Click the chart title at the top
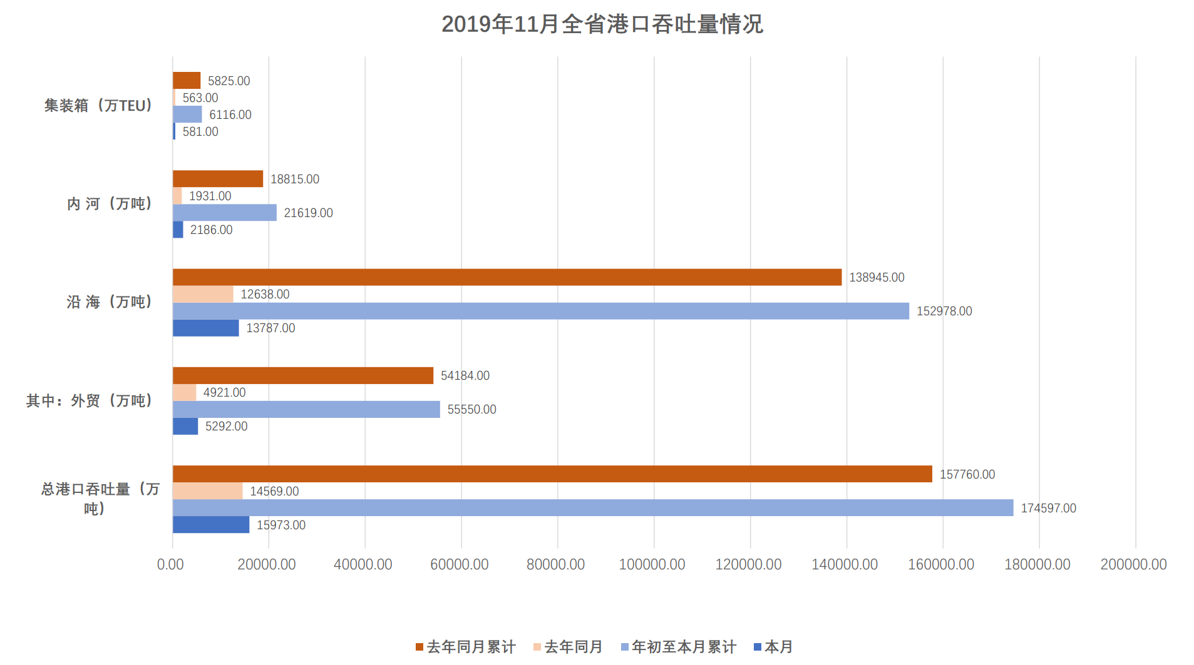point(602,24)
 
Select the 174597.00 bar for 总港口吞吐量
point(592,508)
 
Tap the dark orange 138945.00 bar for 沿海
point(507,277)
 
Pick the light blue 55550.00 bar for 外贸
point(306,409)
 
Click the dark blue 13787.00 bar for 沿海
point(205,328)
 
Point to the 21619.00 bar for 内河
point(224,213)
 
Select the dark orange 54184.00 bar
point(302,375)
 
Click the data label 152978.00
point(944,311)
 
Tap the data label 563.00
point(200,98)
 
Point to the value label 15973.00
point(280,525)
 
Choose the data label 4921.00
point(224,392)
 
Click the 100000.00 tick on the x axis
point(652,564)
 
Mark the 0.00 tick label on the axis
point(170,564)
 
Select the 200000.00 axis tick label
point(1133,564)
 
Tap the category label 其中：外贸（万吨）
point(90,400)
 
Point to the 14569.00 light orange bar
point(207,491)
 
